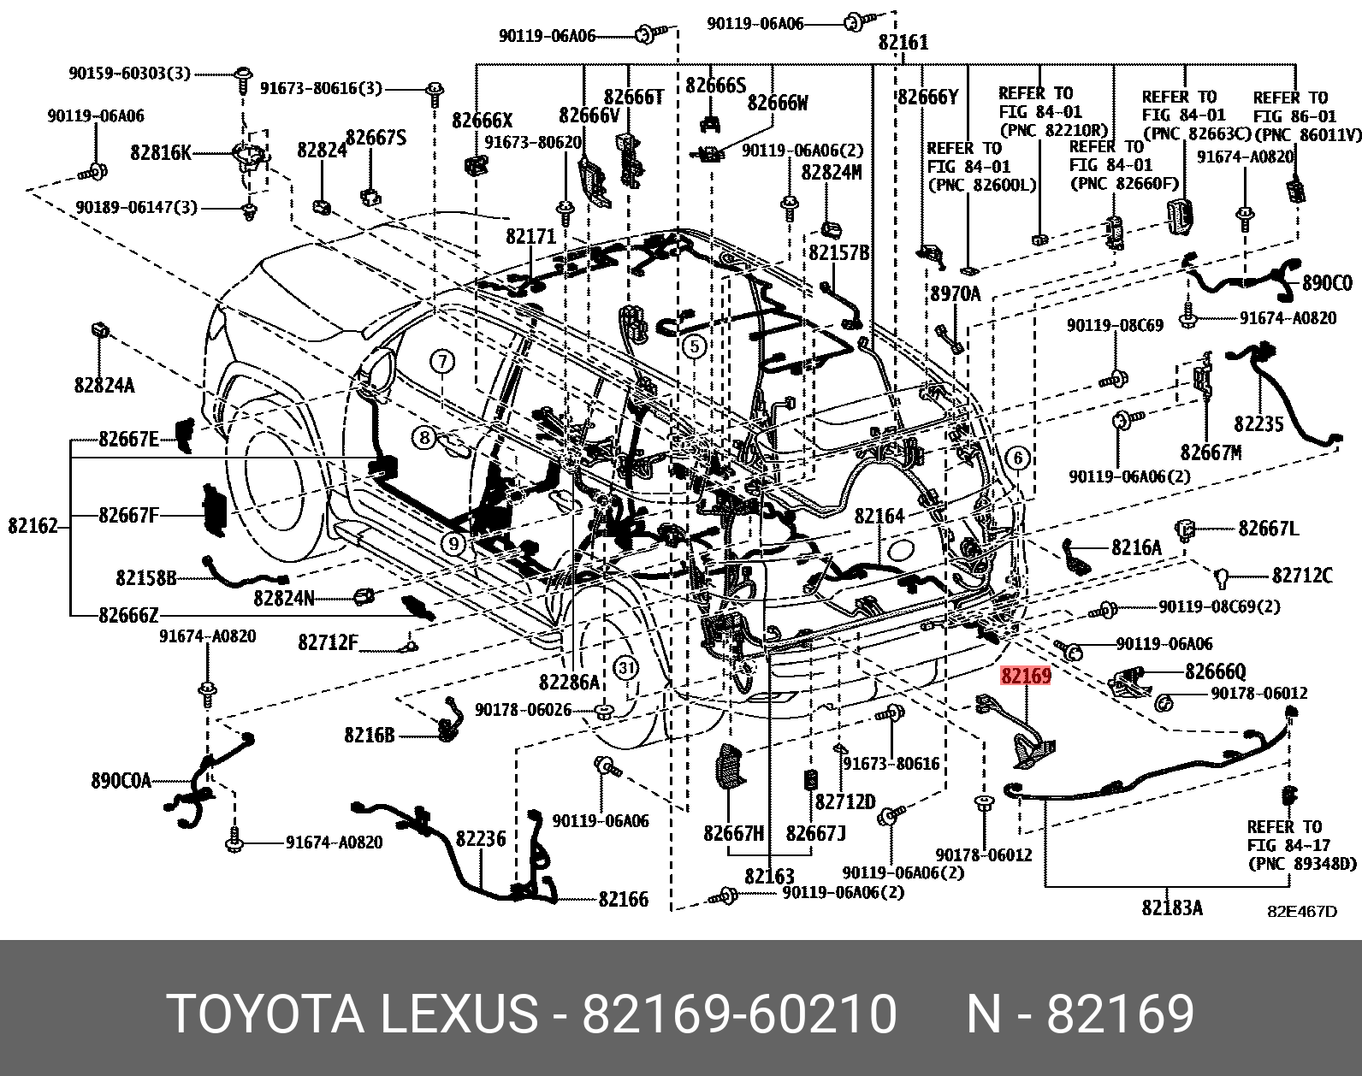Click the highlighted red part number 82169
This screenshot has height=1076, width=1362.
[1026, 677]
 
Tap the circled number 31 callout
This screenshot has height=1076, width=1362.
[626, 667]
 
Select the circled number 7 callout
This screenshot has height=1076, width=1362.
[441, 362]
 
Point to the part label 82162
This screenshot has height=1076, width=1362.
[33, 526]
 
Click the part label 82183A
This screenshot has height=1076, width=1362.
[1171, 908]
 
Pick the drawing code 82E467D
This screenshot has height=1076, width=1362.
[1301, 911]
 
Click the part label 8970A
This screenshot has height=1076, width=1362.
[955, 294]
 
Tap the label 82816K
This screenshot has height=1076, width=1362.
[161, 153]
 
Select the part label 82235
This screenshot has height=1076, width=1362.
[1258, 423]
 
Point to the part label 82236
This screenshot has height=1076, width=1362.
[480, 839]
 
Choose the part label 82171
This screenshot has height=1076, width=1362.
[530, 236]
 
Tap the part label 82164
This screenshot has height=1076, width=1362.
[879, 516]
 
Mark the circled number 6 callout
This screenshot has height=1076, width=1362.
[1017, 458]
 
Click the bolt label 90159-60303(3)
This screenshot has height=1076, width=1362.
[129, 74]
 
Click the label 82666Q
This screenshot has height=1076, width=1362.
[1215, 672]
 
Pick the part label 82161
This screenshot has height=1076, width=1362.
[903, 43]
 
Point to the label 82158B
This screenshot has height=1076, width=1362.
[145, 579]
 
